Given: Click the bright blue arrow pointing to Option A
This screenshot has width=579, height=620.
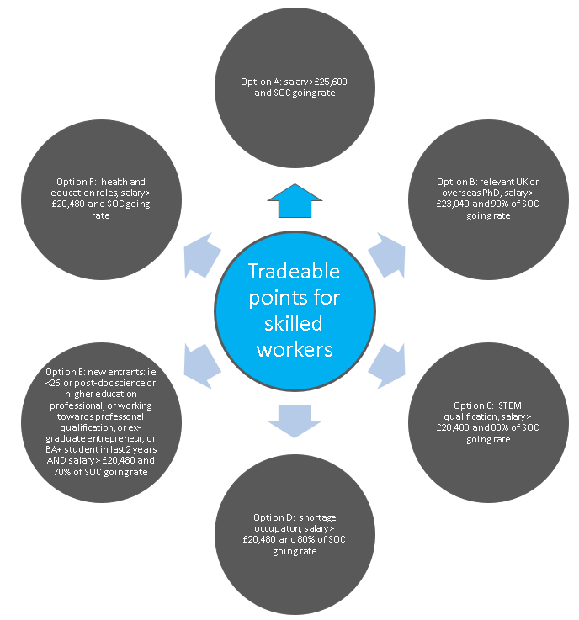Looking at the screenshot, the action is pyautogui.click(x=295, y=202).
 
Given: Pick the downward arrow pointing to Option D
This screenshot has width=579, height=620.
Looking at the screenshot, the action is pyautogui.click(x=295, y=421).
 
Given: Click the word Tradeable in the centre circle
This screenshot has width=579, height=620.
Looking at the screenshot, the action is pyautogui.click(x=294, y=272).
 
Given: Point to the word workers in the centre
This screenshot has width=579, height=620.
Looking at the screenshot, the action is pyautogui.click(x=295, y=350).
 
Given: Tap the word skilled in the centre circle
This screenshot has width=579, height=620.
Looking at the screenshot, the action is pyautogui.click(x=293, y=323).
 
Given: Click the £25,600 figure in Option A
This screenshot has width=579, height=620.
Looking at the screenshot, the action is pyautogui.click(x=331, y=82).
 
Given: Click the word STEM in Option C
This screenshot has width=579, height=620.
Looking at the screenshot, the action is pyautogui.click(x=510, y=405).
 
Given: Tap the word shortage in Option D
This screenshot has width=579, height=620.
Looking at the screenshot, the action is pyautogui.click(x=317, y=517).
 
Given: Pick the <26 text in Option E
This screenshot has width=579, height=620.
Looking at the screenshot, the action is pyautogui.click(x=53, y=383).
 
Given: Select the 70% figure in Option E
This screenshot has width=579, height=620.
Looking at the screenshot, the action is pyautogui.click(x=61, y=472).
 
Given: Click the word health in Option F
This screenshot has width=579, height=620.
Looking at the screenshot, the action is pyautogui.click(x=114, y=182).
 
